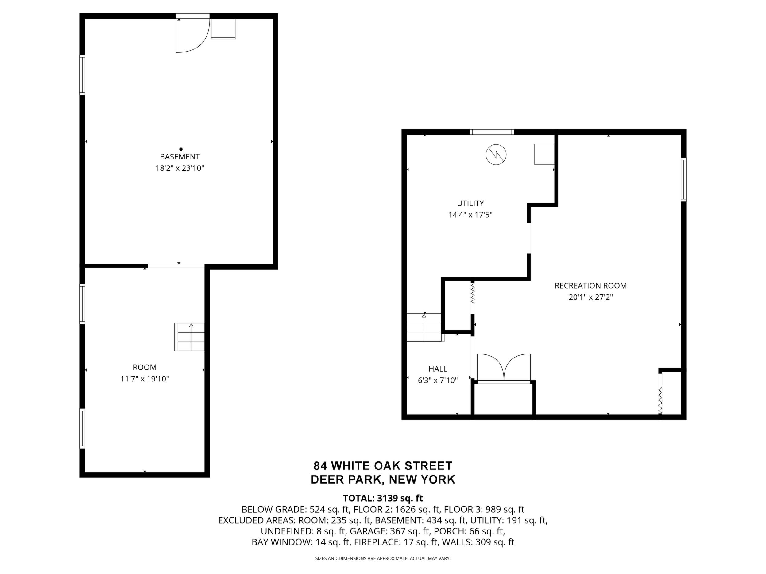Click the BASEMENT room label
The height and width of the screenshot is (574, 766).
[x=180, y=157]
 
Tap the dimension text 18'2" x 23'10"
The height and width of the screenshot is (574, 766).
[x=180, y=169]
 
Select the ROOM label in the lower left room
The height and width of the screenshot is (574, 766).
[x=145, y=367]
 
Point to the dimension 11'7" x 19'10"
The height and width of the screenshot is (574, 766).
[x=145, y=379]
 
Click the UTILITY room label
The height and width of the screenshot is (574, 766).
[x=470, y=203]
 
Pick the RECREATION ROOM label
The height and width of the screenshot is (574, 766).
[x=591, y=285]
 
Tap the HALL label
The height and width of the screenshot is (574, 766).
[x=438, y=369]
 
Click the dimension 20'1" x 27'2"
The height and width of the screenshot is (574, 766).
[x=591, y=297]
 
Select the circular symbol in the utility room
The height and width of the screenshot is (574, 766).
[x=496, y=154]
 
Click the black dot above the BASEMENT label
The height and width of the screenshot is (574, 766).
[x=181, y=149]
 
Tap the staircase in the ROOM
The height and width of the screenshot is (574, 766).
[x=189, y=337]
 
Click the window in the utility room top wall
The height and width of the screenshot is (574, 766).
[x=492, y=132]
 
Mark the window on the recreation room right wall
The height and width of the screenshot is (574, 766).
[x=683, y=180]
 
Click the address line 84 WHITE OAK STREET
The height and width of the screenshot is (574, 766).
[x=383, y=466]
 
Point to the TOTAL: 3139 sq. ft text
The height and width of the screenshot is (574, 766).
[x=383, y=498]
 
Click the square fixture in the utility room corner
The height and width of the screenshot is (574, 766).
[x=544, y=154]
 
